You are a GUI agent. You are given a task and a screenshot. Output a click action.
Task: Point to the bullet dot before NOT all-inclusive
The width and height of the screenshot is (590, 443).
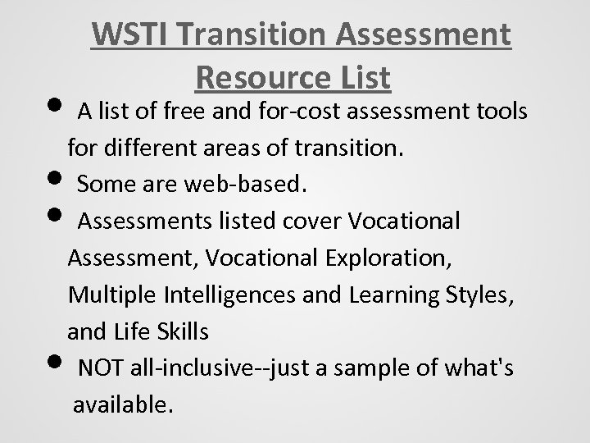pyautogui.click(x=61, y=362)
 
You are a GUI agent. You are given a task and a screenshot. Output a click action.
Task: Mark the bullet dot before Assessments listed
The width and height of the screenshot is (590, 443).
pyautogui.click(x=61, y=217)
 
